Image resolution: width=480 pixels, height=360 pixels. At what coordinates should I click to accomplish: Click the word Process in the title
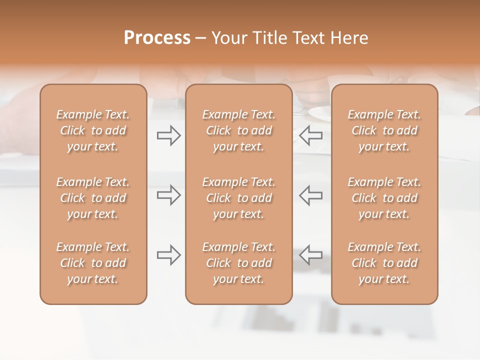tap(157, 37)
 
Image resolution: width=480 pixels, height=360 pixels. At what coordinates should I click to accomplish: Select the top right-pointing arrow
tap(168, 135)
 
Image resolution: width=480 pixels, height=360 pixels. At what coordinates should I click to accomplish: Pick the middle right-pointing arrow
tap(168, 195)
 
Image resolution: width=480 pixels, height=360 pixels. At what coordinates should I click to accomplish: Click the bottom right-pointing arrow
tap(168, 255)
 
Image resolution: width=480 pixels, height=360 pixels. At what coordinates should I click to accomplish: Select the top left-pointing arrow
tap(311, 135)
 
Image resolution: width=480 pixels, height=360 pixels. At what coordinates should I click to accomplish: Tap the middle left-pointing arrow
tap(311, 195)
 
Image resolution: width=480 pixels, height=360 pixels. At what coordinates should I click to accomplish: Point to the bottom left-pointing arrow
tap(311, 255)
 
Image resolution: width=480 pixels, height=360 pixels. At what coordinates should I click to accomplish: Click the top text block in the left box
tap(93, 130)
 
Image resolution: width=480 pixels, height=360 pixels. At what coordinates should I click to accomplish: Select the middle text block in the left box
tap(93, 198)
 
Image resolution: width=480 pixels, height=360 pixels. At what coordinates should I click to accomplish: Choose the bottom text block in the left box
tap(93, 263)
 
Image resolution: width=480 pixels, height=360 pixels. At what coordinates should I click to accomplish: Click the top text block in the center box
tap(238, 130)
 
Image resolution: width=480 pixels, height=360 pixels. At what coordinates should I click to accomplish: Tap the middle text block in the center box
tap(238, 198)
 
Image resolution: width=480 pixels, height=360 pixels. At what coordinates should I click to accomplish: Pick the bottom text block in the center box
tap(238, 263)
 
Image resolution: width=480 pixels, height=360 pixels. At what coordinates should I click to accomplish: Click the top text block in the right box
tap(384, 130)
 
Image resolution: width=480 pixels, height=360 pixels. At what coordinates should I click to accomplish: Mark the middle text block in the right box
tap(384, 198)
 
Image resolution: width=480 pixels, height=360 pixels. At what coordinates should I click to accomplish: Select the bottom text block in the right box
tap(384, 263)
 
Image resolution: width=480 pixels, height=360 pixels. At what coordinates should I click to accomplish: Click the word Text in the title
tap(309, 38)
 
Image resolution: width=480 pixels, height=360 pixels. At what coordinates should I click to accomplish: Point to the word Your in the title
tap(229, 38)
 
